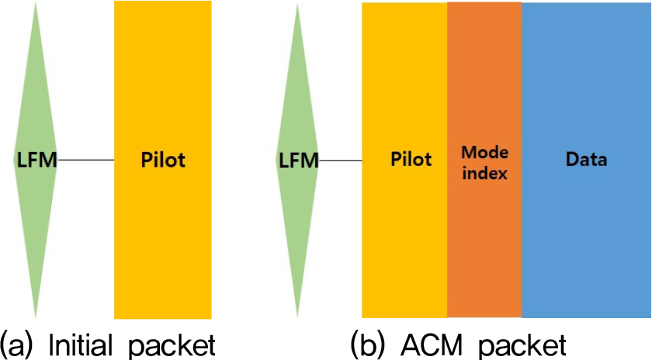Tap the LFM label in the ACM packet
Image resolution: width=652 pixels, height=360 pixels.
click(298, 161)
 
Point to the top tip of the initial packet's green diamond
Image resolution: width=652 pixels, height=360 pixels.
click(36, 4)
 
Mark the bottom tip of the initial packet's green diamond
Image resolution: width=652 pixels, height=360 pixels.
click(36, 317)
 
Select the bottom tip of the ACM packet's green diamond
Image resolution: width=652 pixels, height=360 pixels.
click(298, 317)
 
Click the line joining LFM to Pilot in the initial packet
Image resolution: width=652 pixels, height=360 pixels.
click(86, 161)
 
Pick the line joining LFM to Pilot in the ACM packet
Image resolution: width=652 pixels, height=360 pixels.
click(341, 161)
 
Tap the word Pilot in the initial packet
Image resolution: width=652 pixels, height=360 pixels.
click(163, 161)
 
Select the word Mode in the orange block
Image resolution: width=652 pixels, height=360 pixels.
click(484, 151)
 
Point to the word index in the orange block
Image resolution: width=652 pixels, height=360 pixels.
click(484, 173)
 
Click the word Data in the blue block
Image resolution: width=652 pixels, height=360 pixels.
click(586, 161)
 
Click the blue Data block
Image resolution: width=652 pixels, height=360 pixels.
click(586, 233)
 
